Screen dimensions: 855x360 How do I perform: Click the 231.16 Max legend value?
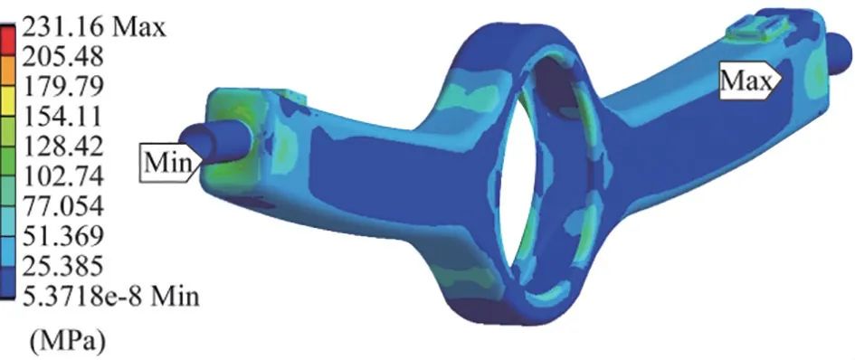click(x=93, y=26)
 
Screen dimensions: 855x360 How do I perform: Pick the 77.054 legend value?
click(x=62, y=207)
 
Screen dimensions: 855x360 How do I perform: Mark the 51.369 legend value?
click(x=62, y=236)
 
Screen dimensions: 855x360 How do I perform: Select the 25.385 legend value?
click(x=62, y=267)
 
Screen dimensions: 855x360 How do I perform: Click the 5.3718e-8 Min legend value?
click(x=109, y=297)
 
